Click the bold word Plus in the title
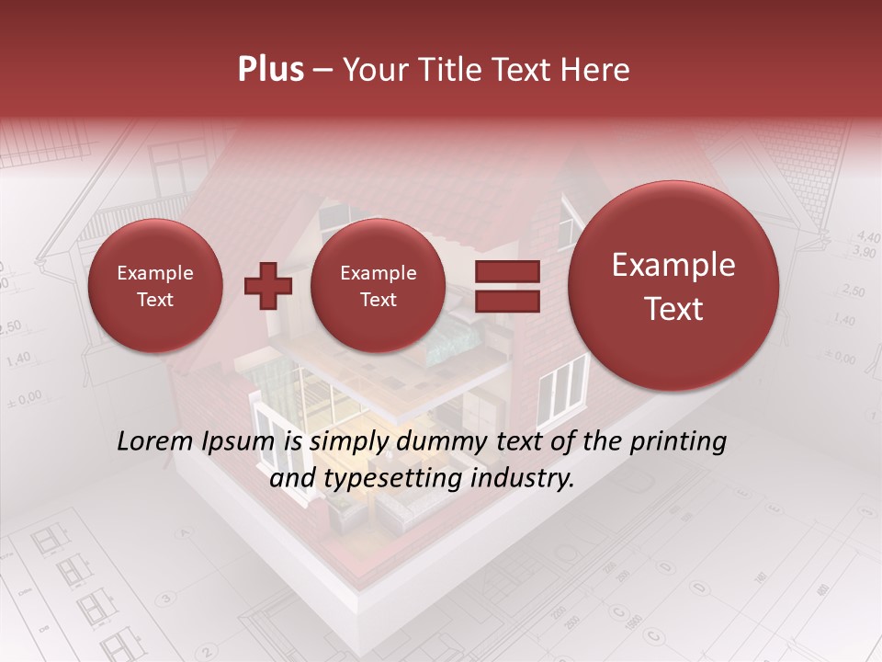click(x=270, y=70)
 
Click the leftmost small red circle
click(x=154, y=286)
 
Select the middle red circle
click(x=378, y=286)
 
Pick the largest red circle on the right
click(x=673, y=286)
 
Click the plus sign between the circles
click(x=267, y=286)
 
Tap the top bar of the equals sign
click(x=506, y=271)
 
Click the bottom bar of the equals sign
click(x=506, y=301)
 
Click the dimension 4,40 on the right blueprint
click(x=866, y=236)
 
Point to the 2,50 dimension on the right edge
click(x=853, y=291)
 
